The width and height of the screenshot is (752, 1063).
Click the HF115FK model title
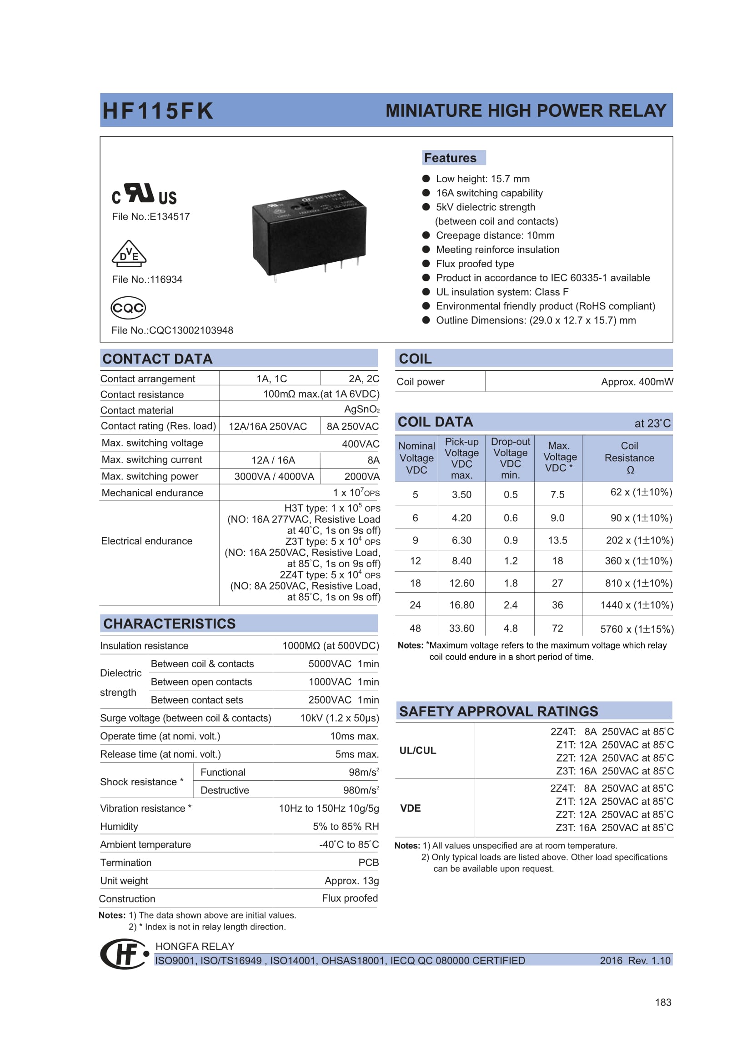point(157,111)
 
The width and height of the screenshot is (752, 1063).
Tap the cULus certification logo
point(144,194)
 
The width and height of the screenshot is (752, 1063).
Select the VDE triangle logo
point(129,254)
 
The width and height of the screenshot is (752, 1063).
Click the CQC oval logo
point(128,308)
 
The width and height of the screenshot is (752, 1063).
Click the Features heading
point(450,158)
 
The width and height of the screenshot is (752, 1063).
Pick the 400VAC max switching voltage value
point(360,444)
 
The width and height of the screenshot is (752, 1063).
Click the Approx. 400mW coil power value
point(637,382)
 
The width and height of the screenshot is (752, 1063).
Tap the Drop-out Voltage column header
point(510,458)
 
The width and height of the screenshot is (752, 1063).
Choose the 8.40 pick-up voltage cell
point(461,561)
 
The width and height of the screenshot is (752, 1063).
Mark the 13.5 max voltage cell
point(557,541)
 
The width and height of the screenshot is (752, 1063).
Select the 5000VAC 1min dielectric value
point(343,664)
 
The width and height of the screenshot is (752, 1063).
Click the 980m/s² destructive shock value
point(361,790)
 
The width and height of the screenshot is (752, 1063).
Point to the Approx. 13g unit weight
point(351,881)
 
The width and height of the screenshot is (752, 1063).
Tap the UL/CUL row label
point(418,750)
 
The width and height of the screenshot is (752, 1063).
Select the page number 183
point(662,1003)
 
